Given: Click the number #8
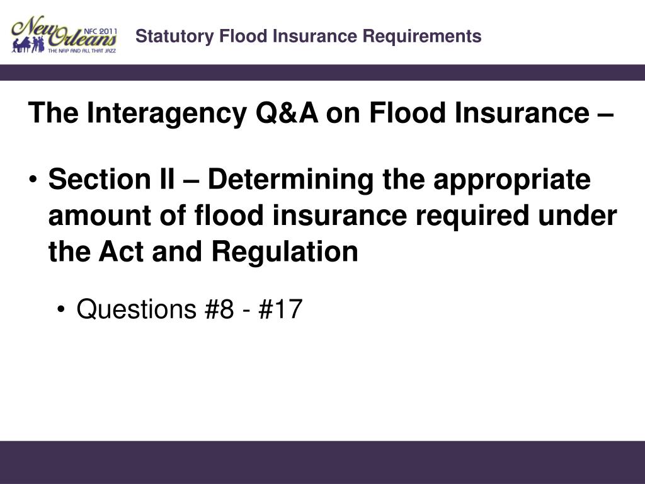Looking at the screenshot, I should (x=217, y=310).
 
